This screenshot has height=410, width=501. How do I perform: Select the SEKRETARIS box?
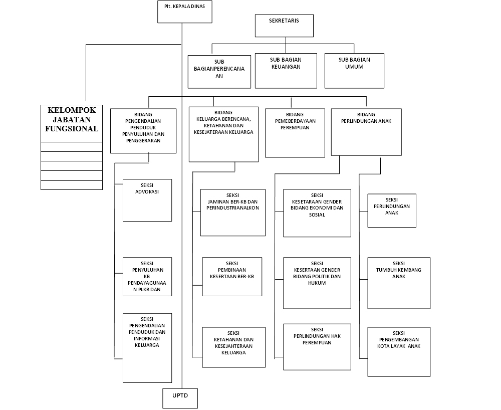click(x=284, y=26)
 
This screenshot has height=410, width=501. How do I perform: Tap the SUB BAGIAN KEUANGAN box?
click(x=286, y=70)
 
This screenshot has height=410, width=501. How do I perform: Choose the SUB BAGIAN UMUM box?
click(x=354, y=70)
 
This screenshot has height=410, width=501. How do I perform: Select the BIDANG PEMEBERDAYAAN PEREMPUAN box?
click(x=295, y=132)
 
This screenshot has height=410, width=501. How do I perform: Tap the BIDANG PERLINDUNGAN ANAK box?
click(x=366, y=131)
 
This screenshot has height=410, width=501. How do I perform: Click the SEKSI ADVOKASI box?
click(x=147, y=199)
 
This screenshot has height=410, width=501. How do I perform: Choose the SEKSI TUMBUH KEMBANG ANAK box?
click(x=399, y=283)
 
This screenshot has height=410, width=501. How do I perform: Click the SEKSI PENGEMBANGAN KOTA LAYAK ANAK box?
click(x=399, y=351)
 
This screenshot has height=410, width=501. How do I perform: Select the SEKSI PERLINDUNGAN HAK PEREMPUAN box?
click(x=317, y=347)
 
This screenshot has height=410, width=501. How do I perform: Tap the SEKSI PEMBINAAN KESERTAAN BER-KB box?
click(x=232, y=276)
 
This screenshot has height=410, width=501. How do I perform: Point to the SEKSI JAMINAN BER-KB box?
click(x=232, y=212)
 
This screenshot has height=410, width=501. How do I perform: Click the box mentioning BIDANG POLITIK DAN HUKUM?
click(x=317, y=283)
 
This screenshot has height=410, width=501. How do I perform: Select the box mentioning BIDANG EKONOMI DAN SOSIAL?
click(x=317, y=213)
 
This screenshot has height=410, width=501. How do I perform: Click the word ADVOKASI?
click(x=147, y=191)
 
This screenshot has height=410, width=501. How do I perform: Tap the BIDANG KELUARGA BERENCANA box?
click(x=223, y=134)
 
